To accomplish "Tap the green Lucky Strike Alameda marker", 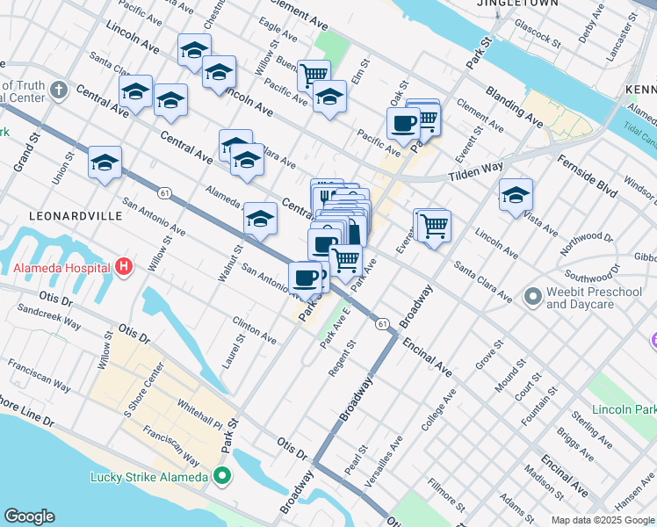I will pyautogui.click(x=222, y=477).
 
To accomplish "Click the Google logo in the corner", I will pyautogui.click(x=29, y=516).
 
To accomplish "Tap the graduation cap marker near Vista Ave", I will pyautogui.click(x=516, y=195).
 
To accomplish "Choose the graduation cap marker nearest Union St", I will pyautogui.click(x=105, y=162).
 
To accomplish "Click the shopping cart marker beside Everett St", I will pyautogui.click(x=433, y=227).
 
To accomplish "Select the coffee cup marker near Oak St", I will pyautogui.click(x=404, y=123).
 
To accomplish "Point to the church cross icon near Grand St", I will pyautogui.click(x=59, y=90).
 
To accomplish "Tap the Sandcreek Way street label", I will pyautogui.click(x=49, y=318).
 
